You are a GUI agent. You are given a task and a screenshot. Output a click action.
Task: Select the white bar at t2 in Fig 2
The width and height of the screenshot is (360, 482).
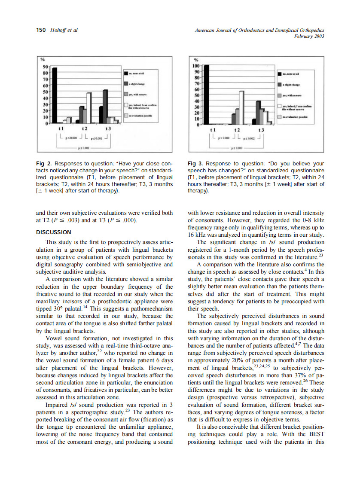(x=89, y=108)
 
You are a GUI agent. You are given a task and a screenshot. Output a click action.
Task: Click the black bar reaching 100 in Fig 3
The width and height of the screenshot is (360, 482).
(x=206, y=95)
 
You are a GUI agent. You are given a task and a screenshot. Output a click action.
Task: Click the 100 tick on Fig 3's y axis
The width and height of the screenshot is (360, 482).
(x=196, y=66)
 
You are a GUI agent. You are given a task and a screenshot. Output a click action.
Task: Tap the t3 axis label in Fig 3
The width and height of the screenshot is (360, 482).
(x=261, y=130)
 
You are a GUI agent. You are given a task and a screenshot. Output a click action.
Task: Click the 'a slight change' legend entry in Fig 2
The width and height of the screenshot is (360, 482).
(x=137, y=84)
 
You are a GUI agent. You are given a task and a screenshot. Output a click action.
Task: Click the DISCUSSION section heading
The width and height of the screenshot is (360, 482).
(x=53, y=232)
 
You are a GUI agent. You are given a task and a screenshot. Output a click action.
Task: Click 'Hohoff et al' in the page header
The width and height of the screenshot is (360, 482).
(x=63, y=30)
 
